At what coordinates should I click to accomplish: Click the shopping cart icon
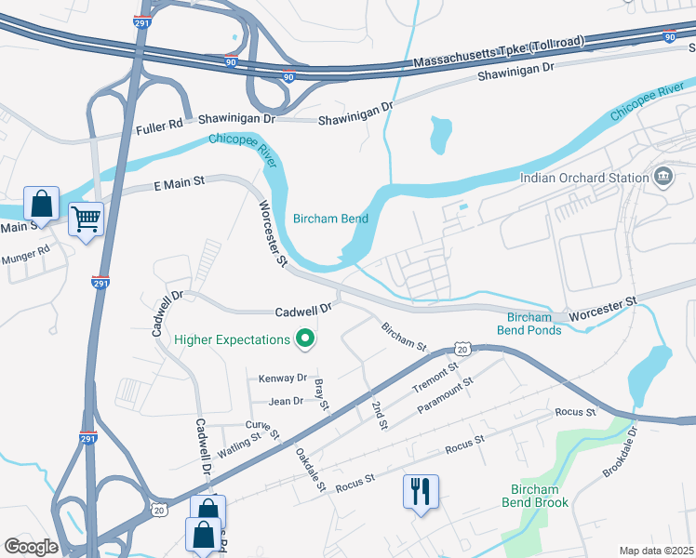pos(86,219)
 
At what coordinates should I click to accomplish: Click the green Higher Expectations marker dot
pos(303,339)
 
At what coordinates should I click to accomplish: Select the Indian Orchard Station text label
pos(583,178)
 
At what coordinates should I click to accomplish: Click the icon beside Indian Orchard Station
pos(663,176)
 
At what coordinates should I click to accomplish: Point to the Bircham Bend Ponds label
pos(529,323)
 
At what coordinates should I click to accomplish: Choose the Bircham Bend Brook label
pos(534,496)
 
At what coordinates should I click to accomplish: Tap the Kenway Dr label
pos(283,378)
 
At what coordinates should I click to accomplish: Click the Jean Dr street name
pos(286,401)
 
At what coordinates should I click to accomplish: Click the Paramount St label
pos(446,396)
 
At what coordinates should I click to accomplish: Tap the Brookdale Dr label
pos(621,452)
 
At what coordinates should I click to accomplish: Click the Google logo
pos(31,546)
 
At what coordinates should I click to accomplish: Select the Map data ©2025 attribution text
pos(657,551)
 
